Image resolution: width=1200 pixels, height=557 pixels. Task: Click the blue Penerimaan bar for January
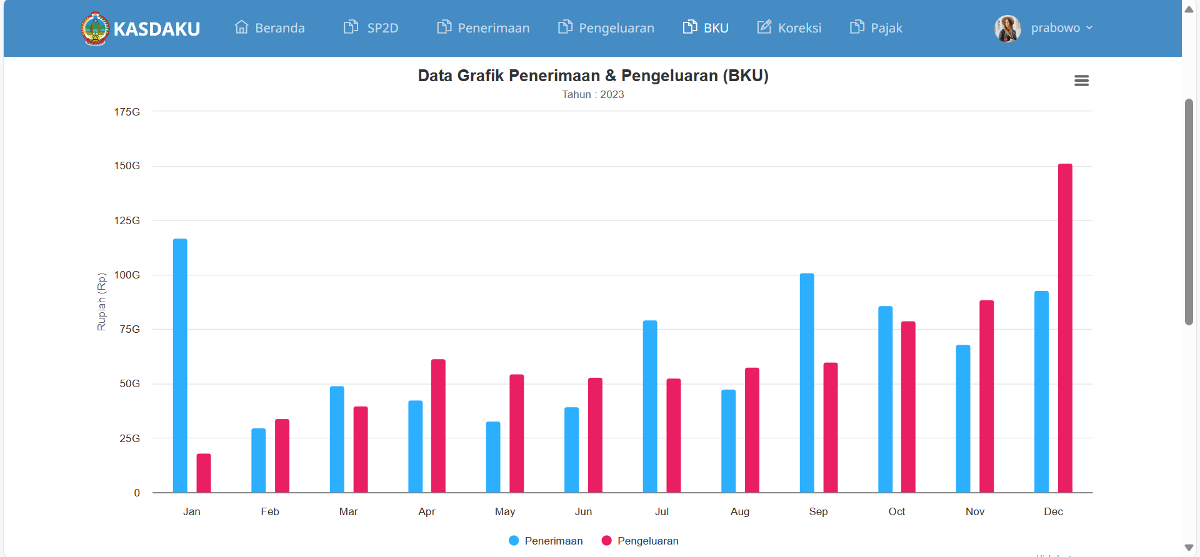180,365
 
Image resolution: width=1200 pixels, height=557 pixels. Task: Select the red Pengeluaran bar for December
1065,328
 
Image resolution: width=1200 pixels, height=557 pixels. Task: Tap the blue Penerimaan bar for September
807,383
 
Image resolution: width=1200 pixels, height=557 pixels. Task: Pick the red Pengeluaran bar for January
204,473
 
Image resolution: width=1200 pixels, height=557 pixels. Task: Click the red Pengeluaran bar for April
438,426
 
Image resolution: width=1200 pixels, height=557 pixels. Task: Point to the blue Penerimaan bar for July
650,407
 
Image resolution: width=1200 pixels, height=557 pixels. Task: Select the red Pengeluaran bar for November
986,397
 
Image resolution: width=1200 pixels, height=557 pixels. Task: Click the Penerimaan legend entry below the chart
546,541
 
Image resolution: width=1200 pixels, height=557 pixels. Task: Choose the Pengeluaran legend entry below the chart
640,541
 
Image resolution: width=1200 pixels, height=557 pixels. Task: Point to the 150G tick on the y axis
127,166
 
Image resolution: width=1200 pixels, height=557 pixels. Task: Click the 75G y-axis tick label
130,329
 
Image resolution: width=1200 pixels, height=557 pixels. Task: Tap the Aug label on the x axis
740,512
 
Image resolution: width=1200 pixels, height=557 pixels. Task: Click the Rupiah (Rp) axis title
101,302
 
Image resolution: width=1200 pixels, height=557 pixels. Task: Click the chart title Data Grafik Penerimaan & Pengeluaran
592,76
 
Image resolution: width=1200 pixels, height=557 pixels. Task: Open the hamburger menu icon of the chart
1081,81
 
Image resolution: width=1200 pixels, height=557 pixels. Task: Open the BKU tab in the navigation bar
706,28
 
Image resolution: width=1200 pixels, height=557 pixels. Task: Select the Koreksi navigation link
789,28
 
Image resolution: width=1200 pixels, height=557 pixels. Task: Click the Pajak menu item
876,28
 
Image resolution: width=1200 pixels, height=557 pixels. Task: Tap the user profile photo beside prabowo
1007,28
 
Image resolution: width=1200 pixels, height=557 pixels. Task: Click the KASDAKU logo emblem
95,29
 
